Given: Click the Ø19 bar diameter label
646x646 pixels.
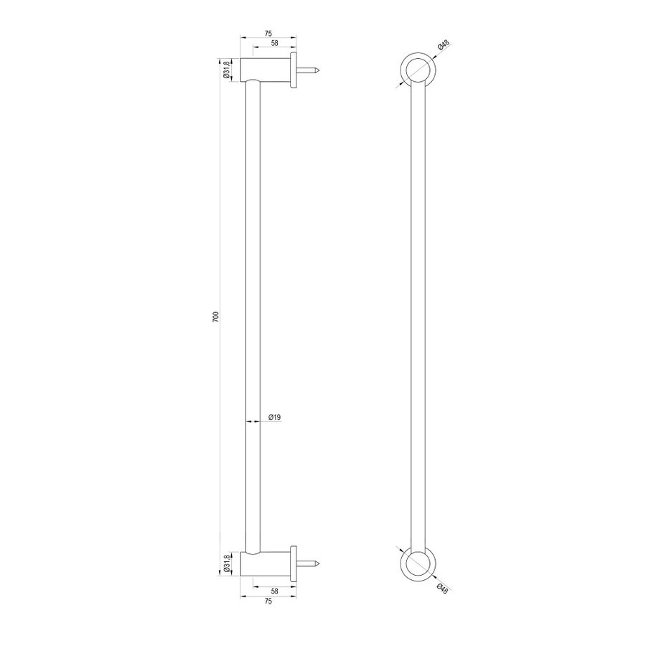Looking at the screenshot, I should pyautogui.click(x=273, y=416).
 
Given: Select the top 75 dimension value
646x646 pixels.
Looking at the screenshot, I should pyautogui.click(x=267, y=33).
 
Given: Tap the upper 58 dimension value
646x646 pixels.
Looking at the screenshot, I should pyautogui.click(x=274, y=44).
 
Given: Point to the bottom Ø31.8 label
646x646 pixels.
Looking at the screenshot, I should pyautogui.click(x=226, y=564).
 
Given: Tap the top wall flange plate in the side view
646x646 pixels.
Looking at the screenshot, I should pyautogui.click(x=294, y=70).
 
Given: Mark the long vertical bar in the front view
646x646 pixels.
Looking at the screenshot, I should pyautogui.click(x=416, y=316).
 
